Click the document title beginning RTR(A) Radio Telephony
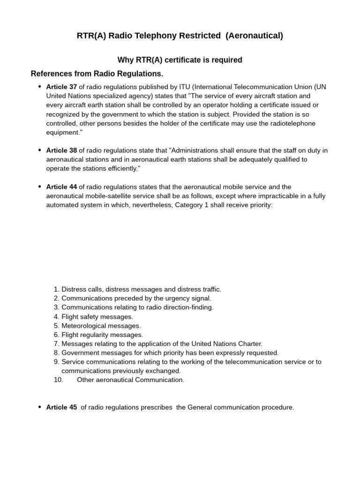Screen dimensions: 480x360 (180, 36)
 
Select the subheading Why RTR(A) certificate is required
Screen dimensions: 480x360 (180, 60)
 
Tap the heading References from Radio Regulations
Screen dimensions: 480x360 (97, 74)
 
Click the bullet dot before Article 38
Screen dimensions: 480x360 (40, 150)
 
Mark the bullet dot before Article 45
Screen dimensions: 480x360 (40, 407)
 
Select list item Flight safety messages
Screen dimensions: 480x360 (97, 317)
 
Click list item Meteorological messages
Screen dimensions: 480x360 (101, 326)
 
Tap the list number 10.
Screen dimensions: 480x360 (59, 380)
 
